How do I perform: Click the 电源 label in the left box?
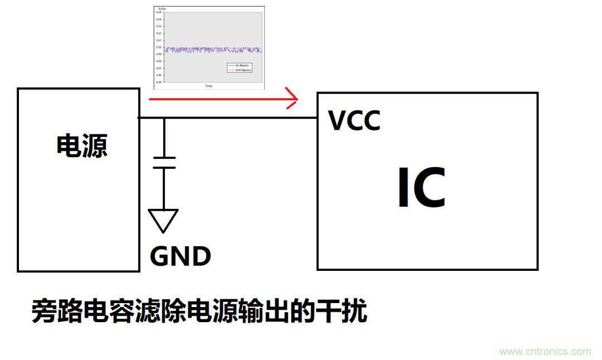(x=81, y=146)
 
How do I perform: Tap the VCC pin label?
(x=354, y=121)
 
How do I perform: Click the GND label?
(x=180, y=256)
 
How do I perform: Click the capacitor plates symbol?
(x=164, y=162)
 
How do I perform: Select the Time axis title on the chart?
(x=208, y=86)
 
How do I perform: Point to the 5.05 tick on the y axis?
(x=159, y=12)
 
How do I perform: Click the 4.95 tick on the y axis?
(x=159, y=82)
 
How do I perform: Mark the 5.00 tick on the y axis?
(x=159, y=47)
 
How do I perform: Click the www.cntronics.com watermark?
(x=545, y=352)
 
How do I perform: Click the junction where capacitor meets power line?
(x=164, y=118)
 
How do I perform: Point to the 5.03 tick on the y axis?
(x=159, y=26)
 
